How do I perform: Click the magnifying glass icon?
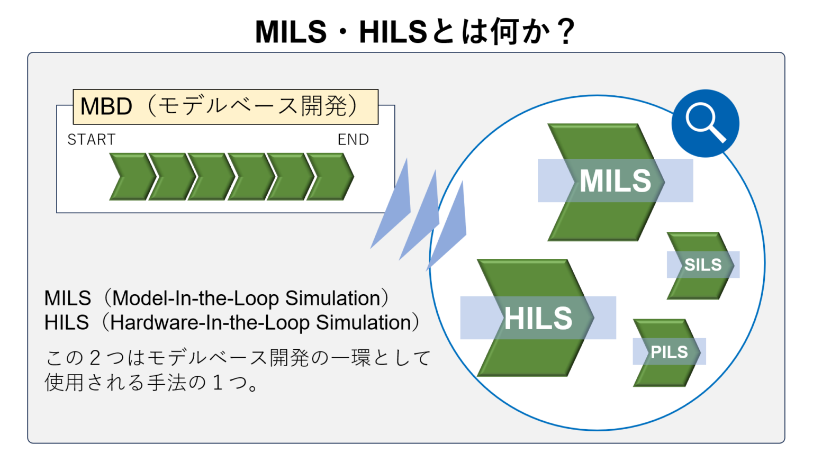(x=705, y=123)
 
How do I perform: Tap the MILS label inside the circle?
(x=615, y=181)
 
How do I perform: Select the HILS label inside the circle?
(x=538, y=318)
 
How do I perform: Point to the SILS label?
(x=702, y=265)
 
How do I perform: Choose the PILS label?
(x=669, y=352)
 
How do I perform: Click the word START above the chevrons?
(x=92, y=140)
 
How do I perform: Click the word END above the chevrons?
(x=353, y=140)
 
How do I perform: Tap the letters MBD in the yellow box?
(x=106, y=107)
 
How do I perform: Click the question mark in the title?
(x=566, y=32)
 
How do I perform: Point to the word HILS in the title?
(x=393, y=32)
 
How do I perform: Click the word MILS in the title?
(x=291, y=32)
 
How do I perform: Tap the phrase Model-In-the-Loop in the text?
(x=195, y=298)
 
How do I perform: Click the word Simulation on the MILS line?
(x=332, y=298)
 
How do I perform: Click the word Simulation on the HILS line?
(x=364, y=323)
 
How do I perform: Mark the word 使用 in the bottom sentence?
(x=64, y=383)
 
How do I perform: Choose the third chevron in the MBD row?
(x=211, y=177)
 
